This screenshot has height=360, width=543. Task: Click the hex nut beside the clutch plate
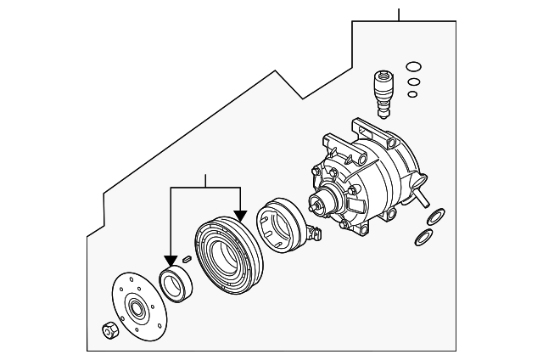click(109, 330)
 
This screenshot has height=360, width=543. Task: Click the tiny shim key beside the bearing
click(187, 258)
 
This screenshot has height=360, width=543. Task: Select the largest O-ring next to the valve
click(413, 67)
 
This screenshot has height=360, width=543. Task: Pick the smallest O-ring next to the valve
click(413, 94)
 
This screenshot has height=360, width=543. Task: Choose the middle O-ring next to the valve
click(413, 82)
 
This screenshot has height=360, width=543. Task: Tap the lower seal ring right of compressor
click(423, 238)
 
